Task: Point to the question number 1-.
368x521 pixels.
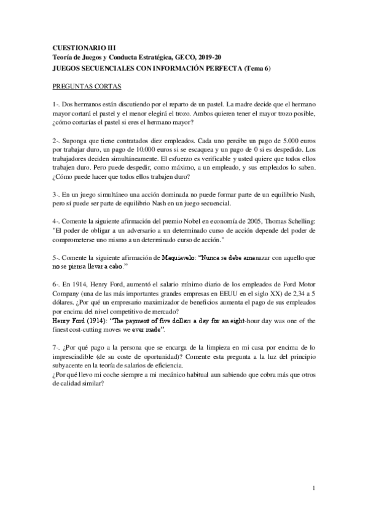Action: [x=57, y=105]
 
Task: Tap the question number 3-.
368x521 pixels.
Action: [x=57, y=194]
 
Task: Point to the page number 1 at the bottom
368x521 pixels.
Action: [x=313, y=488]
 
